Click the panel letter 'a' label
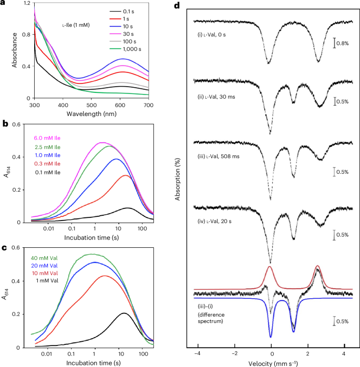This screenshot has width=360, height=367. (4, 6)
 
